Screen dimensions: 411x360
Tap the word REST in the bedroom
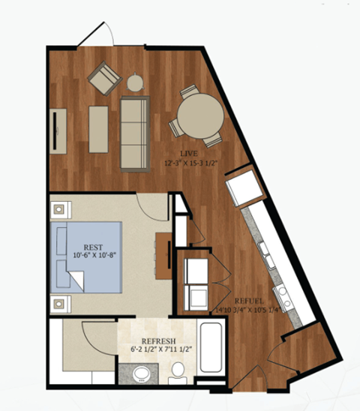coord(93,245)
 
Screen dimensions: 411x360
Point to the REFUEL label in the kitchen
coord(246,297)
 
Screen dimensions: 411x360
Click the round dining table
coord(199,118)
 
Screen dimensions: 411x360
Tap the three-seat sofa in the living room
coord(135,132)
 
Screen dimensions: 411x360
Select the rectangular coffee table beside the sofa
coord(98,129)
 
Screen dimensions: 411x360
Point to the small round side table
coord(135,82)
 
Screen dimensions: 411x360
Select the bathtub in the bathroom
coord(210,347)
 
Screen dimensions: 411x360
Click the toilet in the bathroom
coord(178,371)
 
